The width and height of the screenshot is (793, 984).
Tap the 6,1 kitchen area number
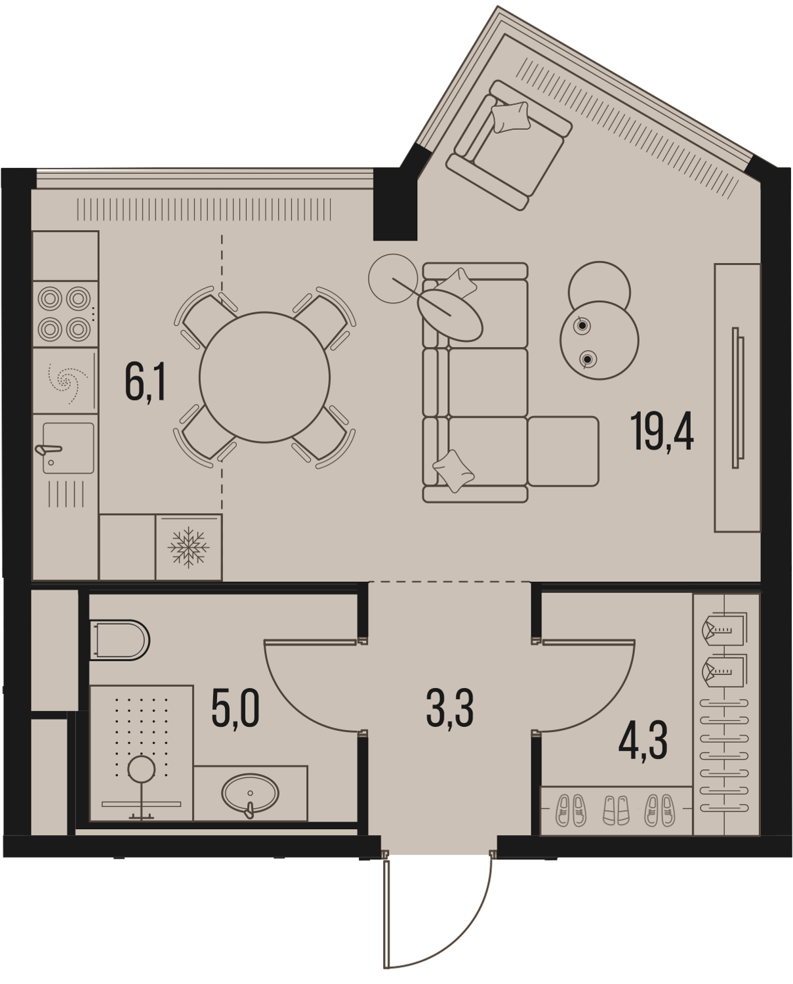click(146, 381)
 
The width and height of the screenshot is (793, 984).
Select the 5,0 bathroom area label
click(235, 708)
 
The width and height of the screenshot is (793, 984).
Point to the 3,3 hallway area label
click(450, 708)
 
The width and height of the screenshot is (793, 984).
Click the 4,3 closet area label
click(643, 741)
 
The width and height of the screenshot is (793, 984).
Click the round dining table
click(264, 377)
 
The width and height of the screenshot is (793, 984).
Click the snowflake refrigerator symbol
click(188, 547)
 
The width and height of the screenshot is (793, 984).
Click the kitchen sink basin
click(69, 447)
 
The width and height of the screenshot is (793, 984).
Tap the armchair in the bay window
click(509, 146)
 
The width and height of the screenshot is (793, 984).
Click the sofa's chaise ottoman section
click(563, 451)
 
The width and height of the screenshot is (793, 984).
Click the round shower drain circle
click(141, 770)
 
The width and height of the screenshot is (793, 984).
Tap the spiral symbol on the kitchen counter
click(67, 381)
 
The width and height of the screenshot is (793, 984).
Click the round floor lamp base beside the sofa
click(393, 278)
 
